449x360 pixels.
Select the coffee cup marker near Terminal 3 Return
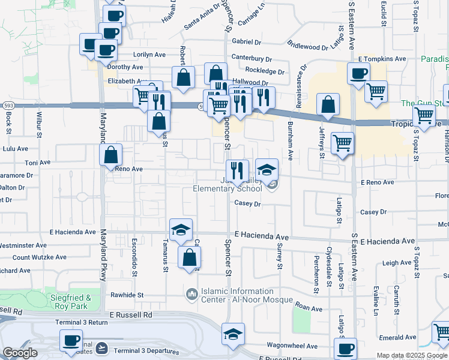point(71,341)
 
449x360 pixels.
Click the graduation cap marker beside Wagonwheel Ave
point(233,335)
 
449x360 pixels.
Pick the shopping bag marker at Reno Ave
point(111,155)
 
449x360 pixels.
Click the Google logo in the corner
point(20,353)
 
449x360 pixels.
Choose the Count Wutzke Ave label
point(40,257)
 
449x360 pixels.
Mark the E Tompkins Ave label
point(382,59)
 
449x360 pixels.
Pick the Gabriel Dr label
point(247,42)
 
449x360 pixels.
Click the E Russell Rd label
point(131,314)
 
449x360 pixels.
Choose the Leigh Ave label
point(397,263)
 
